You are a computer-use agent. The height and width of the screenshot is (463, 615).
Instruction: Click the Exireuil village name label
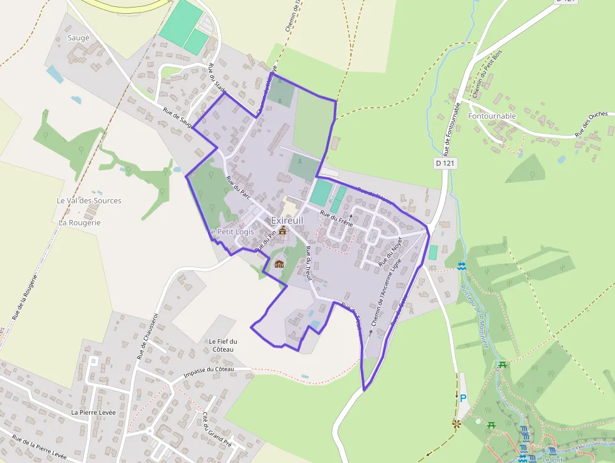(x=287, y=221)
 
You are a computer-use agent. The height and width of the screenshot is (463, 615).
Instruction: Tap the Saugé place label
(x=78, y=38)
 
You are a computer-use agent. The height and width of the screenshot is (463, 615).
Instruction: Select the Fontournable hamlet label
(x=492, y=116)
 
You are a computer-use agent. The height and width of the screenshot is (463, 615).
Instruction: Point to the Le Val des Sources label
(x=89, y=200)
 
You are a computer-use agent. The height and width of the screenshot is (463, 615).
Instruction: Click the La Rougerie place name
(x=80, y=222)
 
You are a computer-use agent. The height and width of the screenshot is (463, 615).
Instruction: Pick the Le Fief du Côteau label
(x=222, y=345)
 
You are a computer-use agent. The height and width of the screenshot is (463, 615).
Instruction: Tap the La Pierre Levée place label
(x=94, y=412)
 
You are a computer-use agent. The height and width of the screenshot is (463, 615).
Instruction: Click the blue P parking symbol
(x=463, y=398)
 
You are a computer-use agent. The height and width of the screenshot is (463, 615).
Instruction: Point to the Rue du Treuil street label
(x=308, y=263)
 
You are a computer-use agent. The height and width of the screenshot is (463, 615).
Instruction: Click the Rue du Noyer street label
(x=390, y=252)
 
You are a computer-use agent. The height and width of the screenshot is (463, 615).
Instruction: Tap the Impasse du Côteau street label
(x=208, y=372)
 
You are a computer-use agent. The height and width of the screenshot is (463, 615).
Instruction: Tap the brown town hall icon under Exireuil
(x=282, y=231)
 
